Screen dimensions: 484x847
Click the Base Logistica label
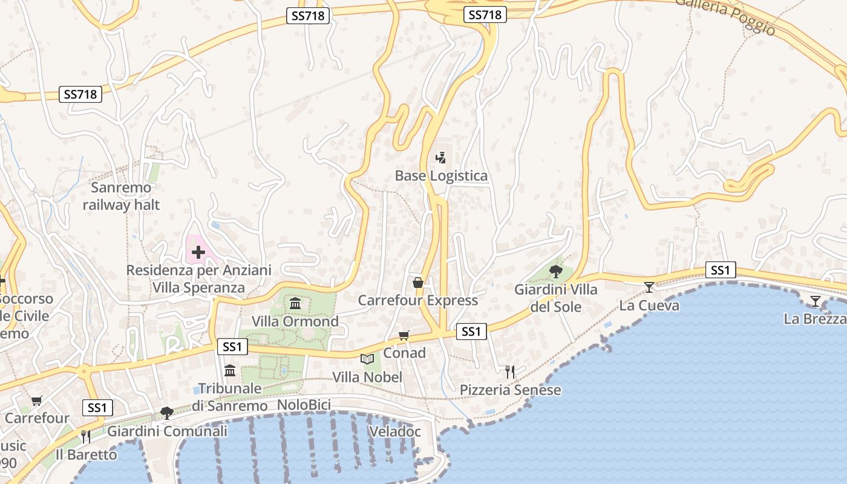click(441, 176)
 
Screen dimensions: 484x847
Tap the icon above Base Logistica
click(440, 158)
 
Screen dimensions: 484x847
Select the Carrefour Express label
click(417, 301)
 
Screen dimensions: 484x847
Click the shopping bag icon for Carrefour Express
click(417, 283)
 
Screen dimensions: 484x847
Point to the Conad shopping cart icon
click(404, 335)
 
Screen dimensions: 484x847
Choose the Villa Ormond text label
click(295, 321)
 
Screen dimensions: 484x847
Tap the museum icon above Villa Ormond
click(295, 303)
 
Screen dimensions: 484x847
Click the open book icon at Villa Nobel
click(367, 359)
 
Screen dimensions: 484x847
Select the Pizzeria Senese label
click(510, 390)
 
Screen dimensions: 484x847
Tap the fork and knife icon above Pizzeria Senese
click(510, 371)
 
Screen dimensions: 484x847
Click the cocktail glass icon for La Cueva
click(649, 287)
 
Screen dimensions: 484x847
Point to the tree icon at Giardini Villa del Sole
click(555, 272)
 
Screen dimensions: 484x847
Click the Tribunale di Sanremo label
click(230, 397)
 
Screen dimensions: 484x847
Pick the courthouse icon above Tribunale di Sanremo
click(230, 370)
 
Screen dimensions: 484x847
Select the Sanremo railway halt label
click(122, 196)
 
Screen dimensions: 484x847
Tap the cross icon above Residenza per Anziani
click(198, 252)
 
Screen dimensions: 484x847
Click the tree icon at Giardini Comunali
click(167, 413)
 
